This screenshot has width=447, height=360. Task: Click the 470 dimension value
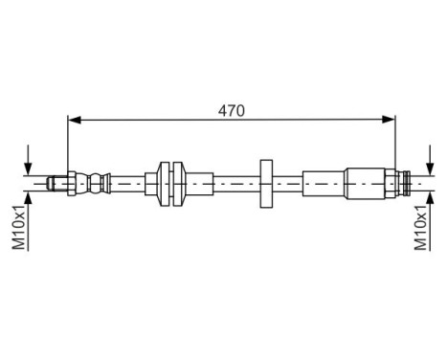(231, 110)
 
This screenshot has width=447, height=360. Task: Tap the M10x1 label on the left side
(18, 229)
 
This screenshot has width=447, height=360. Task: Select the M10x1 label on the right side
(420, 229)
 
